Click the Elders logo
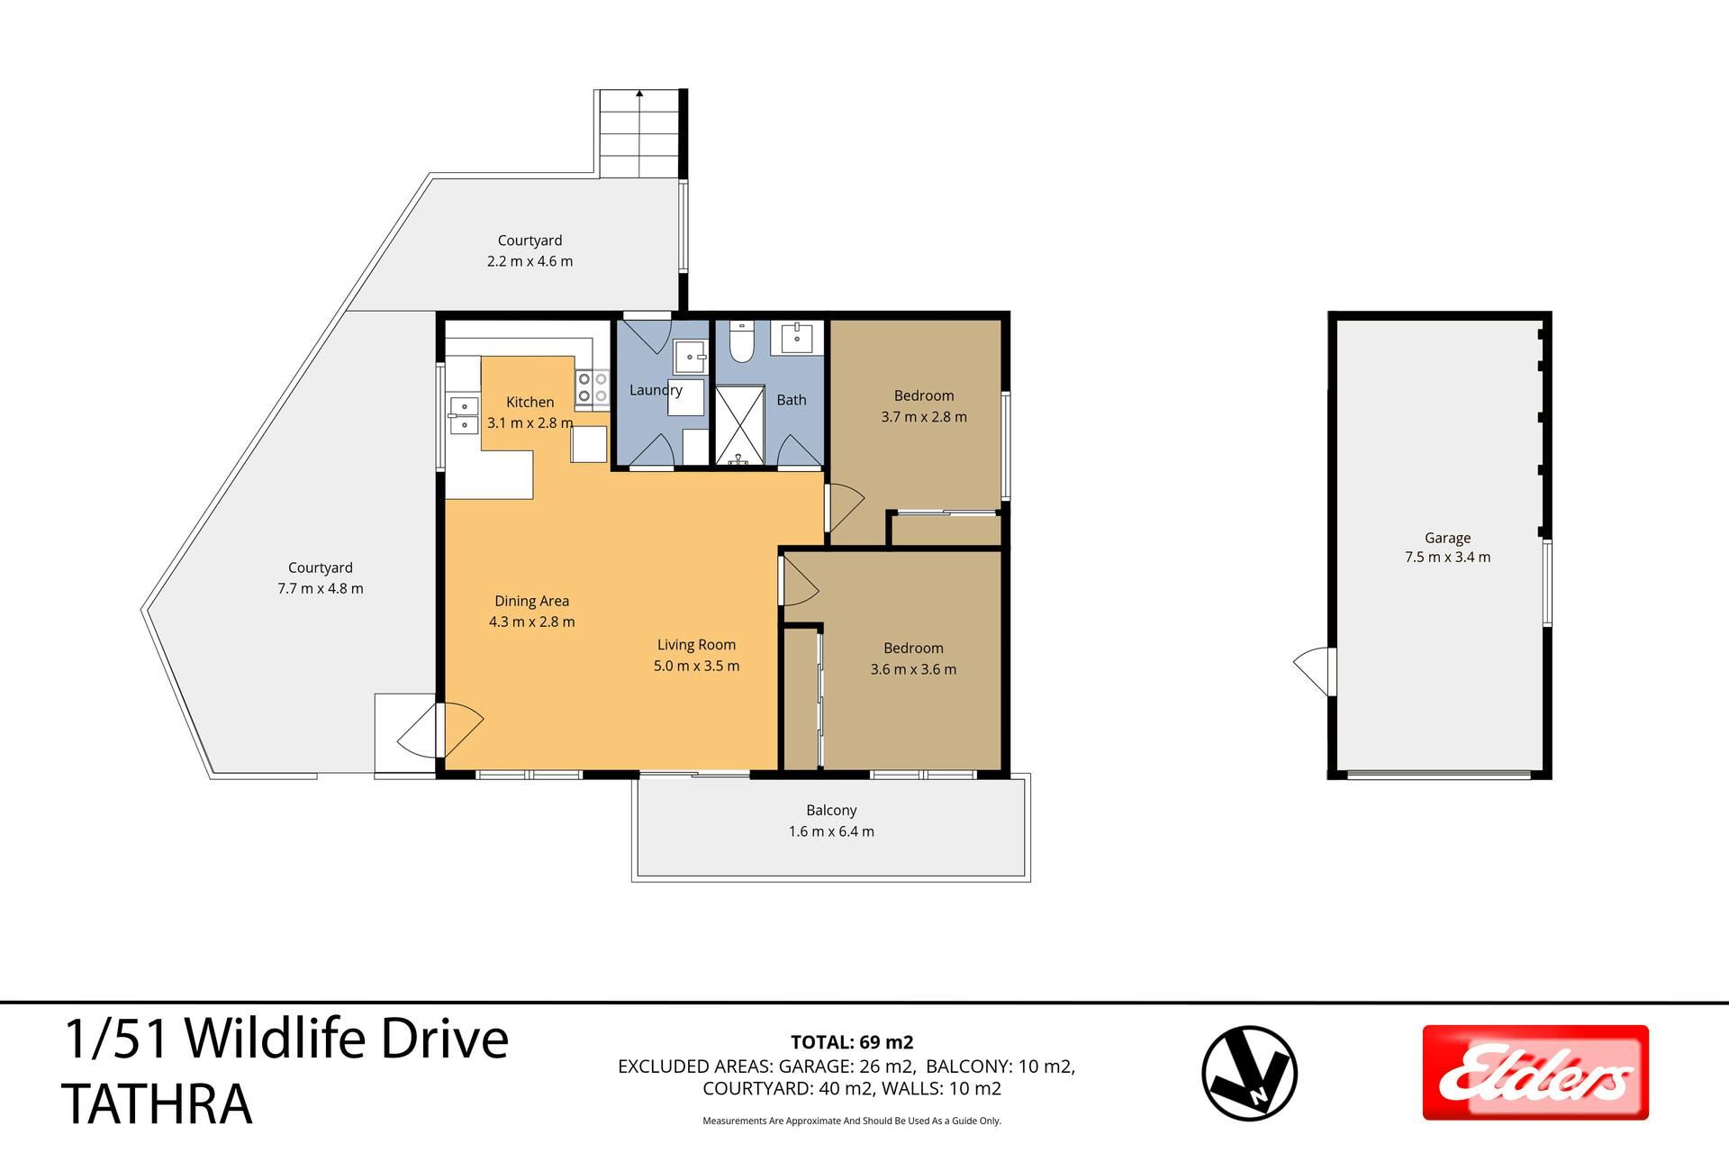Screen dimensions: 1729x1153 click(x=1535, y=1072)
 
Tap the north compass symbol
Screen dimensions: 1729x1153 click(x=1250, y=1073)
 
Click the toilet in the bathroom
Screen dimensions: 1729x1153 click(x=741, y=342)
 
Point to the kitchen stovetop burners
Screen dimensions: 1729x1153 click(x=593, y=387)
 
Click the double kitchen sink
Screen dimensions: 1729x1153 click(x=464, y=415)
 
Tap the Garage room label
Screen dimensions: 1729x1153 click(x=1447, y=538)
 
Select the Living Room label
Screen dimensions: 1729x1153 click(x=696, y=645)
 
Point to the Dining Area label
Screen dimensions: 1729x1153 click(x=531, y=601)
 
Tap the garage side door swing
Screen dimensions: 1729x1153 click(x=1313, y=671)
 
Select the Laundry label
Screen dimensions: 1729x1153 click(x=656, y=390)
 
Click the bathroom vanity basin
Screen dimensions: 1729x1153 click(x=797, y=339)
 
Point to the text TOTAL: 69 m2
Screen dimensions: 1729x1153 click(x=852, y=1042)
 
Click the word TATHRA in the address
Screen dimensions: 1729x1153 click(x=157, y=1104)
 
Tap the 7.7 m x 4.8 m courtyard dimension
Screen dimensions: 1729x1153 click(x=321, y=588)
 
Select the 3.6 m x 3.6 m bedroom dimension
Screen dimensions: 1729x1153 click(x=913, y=669)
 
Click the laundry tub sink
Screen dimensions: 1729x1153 click(x=691, y=358)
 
